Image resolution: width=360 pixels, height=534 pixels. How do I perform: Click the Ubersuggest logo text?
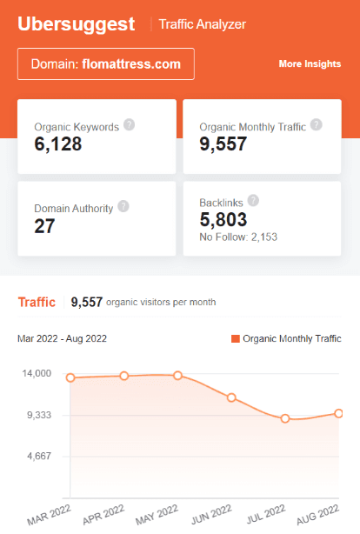click(77, 23)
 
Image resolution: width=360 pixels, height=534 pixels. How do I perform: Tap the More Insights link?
click(310, 64)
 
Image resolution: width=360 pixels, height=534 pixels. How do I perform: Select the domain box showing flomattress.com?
click(105, 63)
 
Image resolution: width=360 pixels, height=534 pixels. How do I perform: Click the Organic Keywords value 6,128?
click(58, 144)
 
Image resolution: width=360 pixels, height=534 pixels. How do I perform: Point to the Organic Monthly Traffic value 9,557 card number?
click(223, 144)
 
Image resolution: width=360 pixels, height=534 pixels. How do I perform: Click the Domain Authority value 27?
click(44, 226)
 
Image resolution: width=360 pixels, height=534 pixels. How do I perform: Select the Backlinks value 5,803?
click(223, 220)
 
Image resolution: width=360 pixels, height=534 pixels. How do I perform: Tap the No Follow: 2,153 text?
click(237, 237)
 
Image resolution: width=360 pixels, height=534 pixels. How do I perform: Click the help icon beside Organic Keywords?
click(129, 124)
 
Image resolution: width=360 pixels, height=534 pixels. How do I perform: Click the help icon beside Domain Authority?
click(123, 207)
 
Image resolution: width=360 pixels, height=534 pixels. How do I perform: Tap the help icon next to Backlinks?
click(253, 200)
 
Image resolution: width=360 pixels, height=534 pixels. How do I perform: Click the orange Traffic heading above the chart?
click(36, 302)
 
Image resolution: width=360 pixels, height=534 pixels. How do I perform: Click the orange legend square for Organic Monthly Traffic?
click(235, 338)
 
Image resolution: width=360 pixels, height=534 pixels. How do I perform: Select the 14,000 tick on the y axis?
click(37, 374)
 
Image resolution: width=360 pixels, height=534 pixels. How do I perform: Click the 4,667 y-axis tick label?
click(40, 456)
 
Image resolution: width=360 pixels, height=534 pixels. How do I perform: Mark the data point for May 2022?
click(177, 375)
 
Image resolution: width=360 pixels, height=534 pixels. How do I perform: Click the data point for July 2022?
click(284, 418)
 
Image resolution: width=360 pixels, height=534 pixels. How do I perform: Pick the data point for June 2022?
click(231, 397)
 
